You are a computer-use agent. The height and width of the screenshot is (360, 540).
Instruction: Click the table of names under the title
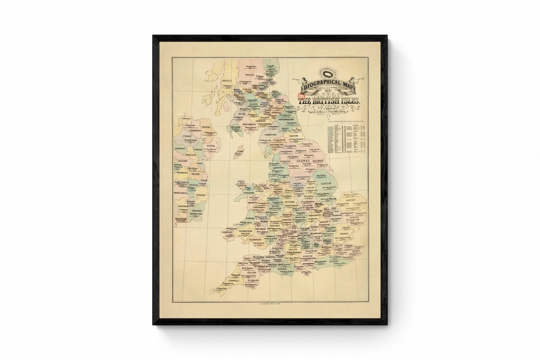tap(346, 137)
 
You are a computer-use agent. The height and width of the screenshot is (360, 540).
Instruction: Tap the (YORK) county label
tap(303, 161)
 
